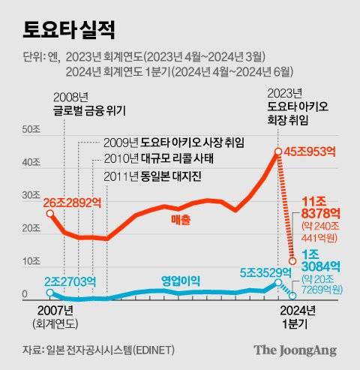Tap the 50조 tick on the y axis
pos(31,130)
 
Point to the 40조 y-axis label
pos(31,162)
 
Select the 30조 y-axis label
pos(31,195)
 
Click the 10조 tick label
pos(31,261)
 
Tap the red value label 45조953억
pos(311,152)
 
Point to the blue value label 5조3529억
pos(265,272)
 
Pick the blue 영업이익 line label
pos(181,281)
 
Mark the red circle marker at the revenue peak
pos(277,152)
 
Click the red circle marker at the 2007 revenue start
pos(49,214)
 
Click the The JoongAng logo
pos(294,350)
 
